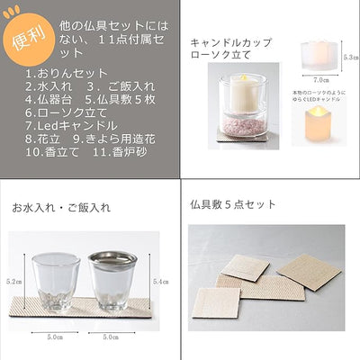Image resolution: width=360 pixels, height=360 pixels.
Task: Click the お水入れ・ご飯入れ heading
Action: point(61,207)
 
